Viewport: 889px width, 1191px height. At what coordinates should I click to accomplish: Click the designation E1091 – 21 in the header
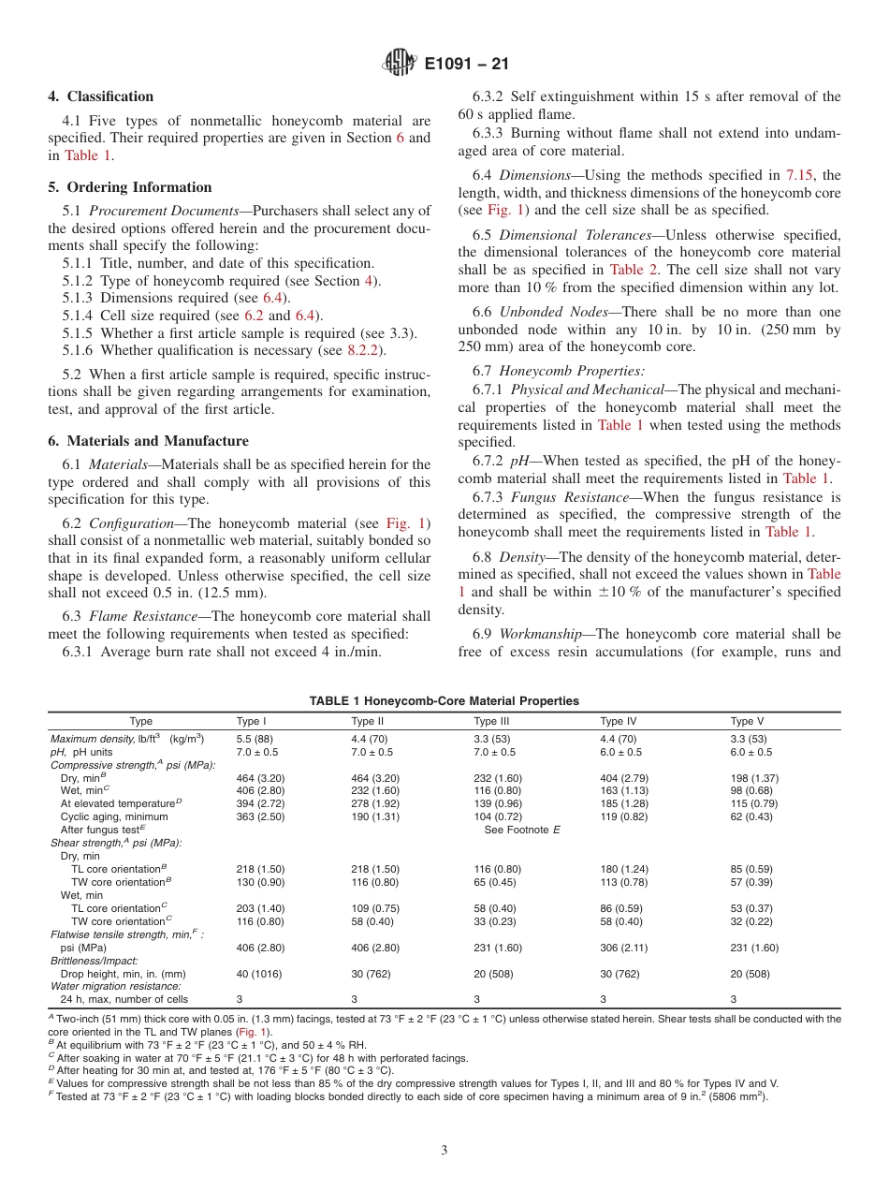click(466, 65)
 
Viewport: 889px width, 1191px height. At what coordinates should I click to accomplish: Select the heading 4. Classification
click(101, 96)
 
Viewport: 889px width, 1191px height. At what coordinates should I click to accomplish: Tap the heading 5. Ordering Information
click(130, 187)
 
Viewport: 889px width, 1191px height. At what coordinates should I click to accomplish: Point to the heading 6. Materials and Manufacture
click(149, 441)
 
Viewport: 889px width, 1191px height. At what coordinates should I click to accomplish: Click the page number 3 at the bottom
click(444, 1150)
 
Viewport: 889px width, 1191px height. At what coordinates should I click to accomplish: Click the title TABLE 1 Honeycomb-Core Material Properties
click(444, 701)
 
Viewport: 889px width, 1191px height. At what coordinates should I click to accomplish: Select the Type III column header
click(491, 721)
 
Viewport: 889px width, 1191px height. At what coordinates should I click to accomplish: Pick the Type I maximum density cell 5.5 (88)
click(255, 739)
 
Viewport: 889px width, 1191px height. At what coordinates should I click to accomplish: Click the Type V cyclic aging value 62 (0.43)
click(751, 817)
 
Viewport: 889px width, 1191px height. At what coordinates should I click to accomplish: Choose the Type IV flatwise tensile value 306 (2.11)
click(623, 948)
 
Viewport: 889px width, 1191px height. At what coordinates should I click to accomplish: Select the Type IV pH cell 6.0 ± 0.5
click(620, 752)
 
